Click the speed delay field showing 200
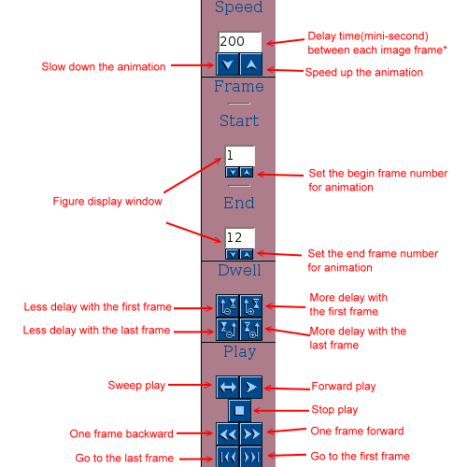coord(240,41)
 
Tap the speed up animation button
coord(251,64)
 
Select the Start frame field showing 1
coord(240,156)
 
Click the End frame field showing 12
coord(240,238)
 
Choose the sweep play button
coord(228,387)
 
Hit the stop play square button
coord(239,410)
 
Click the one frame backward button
coord(228,433)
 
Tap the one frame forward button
coord(251,433)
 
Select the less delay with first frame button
coord(228,306)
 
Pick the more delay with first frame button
coord(251,306)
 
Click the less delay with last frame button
coord(228,329)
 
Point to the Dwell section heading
coord(239,270)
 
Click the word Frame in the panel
coord(239,86)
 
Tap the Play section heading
coord(240,352)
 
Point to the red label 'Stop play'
coord(334,410)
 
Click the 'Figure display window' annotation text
coord(107,202)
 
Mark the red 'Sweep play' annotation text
coord(136,386)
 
